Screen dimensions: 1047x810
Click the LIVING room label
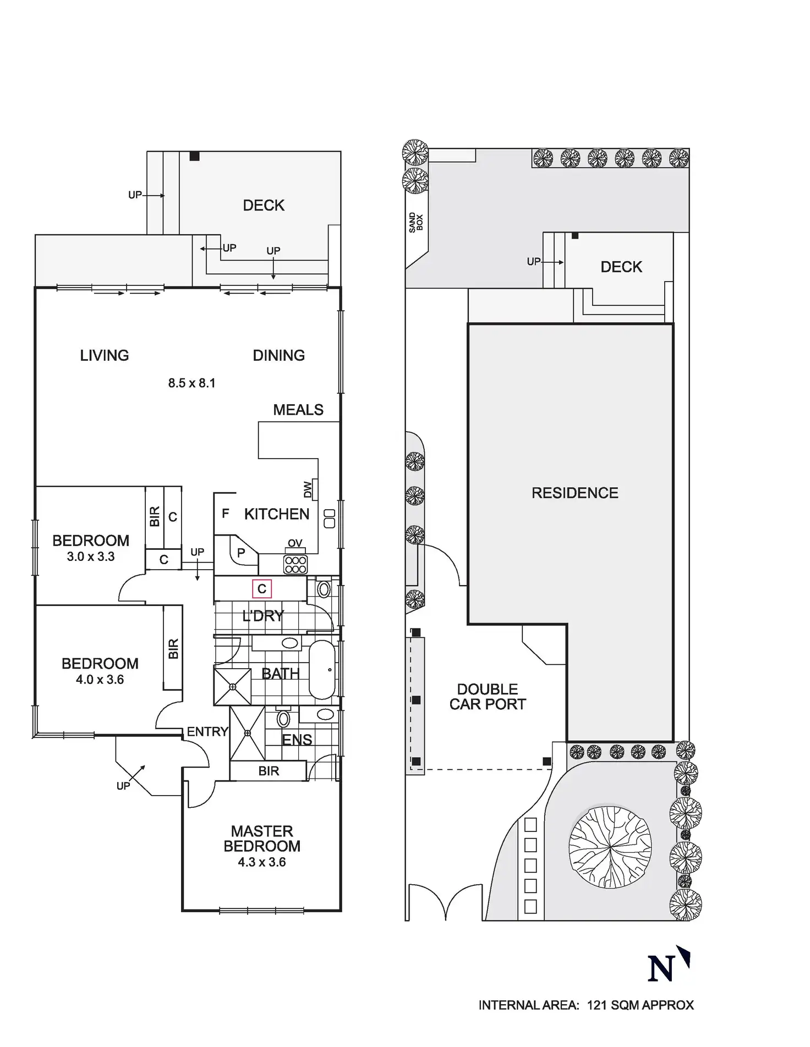tap(105, 356)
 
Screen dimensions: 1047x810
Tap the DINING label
tap(278, 356)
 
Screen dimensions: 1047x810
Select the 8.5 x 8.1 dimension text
tap(191, 383)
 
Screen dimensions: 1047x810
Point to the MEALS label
tap(298, 410)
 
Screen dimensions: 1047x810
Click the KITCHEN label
tap(276, 515)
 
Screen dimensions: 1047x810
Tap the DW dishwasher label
tap(308, 489)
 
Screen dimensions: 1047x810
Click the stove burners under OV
tap(295, 565)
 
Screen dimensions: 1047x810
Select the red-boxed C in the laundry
tap(262, 589)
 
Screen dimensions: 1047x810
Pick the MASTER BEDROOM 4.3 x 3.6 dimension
tap(261, 862)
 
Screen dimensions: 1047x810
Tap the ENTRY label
tap(207, 732)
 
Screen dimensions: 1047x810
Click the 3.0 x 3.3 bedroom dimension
tap(91, 557)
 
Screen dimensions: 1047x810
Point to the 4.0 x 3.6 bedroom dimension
tap(100, 680)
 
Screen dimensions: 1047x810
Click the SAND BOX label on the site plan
tap(416, 223)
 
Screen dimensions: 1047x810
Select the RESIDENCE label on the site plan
tap(574, 493)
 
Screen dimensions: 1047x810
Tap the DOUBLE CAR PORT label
tap(488, 697)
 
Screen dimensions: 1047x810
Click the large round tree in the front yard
tap(610, 847)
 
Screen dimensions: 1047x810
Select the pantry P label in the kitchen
tap(241, 553)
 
